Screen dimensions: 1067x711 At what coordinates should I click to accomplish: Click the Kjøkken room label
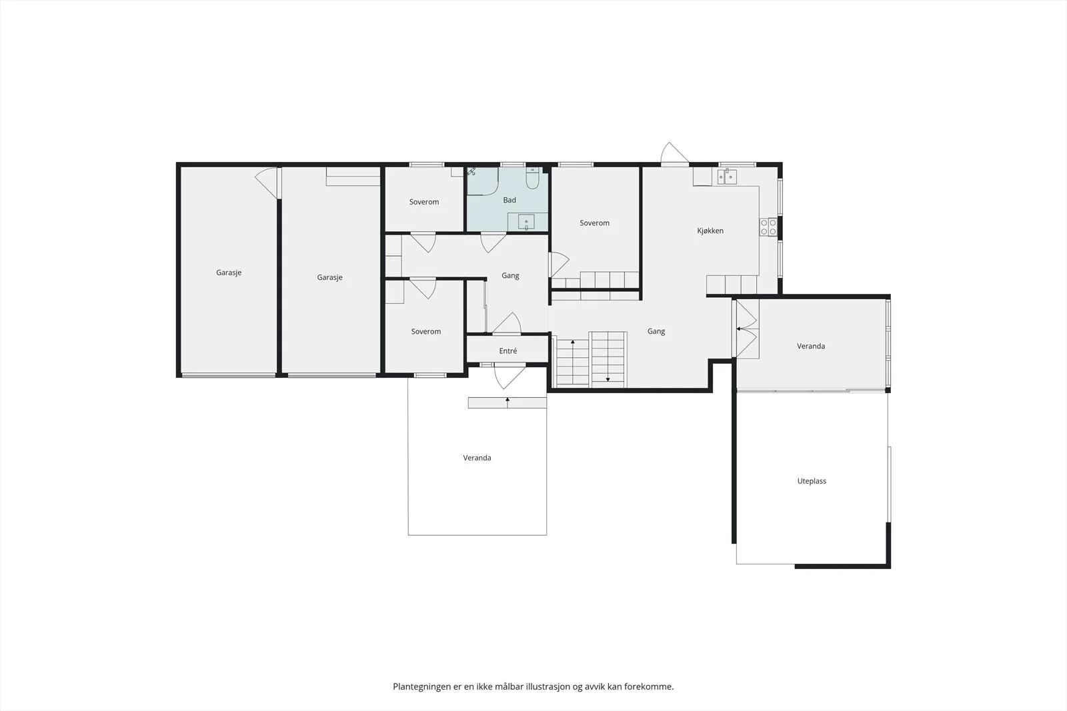pyautogui.click(x=710, y=231)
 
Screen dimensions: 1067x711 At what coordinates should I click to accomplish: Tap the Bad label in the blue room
pyautogui.click(x=509, y=200)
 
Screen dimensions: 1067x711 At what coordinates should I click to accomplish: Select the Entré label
pyautogui.click(x=507, y=351)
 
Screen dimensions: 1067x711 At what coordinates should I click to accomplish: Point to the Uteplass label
pyautogui.click(x=812, y=481)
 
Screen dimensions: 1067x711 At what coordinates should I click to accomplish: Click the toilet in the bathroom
pyautogui.click(x=532, y=179)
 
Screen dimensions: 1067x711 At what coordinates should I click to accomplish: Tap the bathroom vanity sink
pyautogui.click(x=526, y=222)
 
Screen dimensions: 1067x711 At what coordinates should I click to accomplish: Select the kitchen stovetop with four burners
pyautogui.click(x=768, y=227)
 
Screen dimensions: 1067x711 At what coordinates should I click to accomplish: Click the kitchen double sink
pyautogui.click(x=728, y=177)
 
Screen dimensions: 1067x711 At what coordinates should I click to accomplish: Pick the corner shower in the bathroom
pyautogui.click(x=483, y=181)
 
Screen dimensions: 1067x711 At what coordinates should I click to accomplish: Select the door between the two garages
pyautogui.click(x=267, y=183)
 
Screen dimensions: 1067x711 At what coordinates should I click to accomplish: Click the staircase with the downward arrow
pyautogui.click(x=608, y=359)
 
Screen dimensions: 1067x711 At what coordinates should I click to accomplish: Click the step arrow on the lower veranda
pyautogui.click(x=507, y=402)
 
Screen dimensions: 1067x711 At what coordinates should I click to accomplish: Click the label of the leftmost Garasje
pyautogui.click(x=229, y=273)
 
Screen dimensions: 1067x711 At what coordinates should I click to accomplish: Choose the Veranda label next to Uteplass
pyautogui.click(x=811, y=346)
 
